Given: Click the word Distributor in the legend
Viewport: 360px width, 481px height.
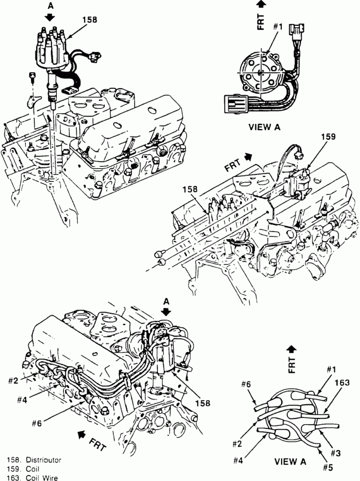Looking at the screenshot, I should point(43,459).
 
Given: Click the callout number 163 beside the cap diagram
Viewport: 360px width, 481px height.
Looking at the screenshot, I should point(342,383).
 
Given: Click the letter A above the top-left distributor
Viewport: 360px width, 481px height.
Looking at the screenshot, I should point(50,6).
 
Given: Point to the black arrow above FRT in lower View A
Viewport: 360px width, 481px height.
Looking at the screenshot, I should point(291,348).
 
